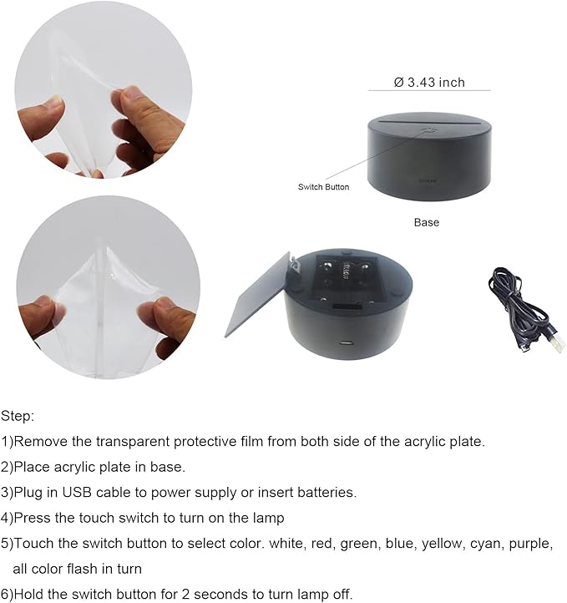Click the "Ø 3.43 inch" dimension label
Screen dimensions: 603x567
[x=429, y=82]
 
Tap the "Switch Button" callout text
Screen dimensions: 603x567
[x=323, y=187]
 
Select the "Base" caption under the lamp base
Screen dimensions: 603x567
[x=426, y=222]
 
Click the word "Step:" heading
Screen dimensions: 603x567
[x=18, y=415]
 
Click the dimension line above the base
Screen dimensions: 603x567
[x=429, y=91]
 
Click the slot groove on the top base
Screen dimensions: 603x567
[x=428, y=122]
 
